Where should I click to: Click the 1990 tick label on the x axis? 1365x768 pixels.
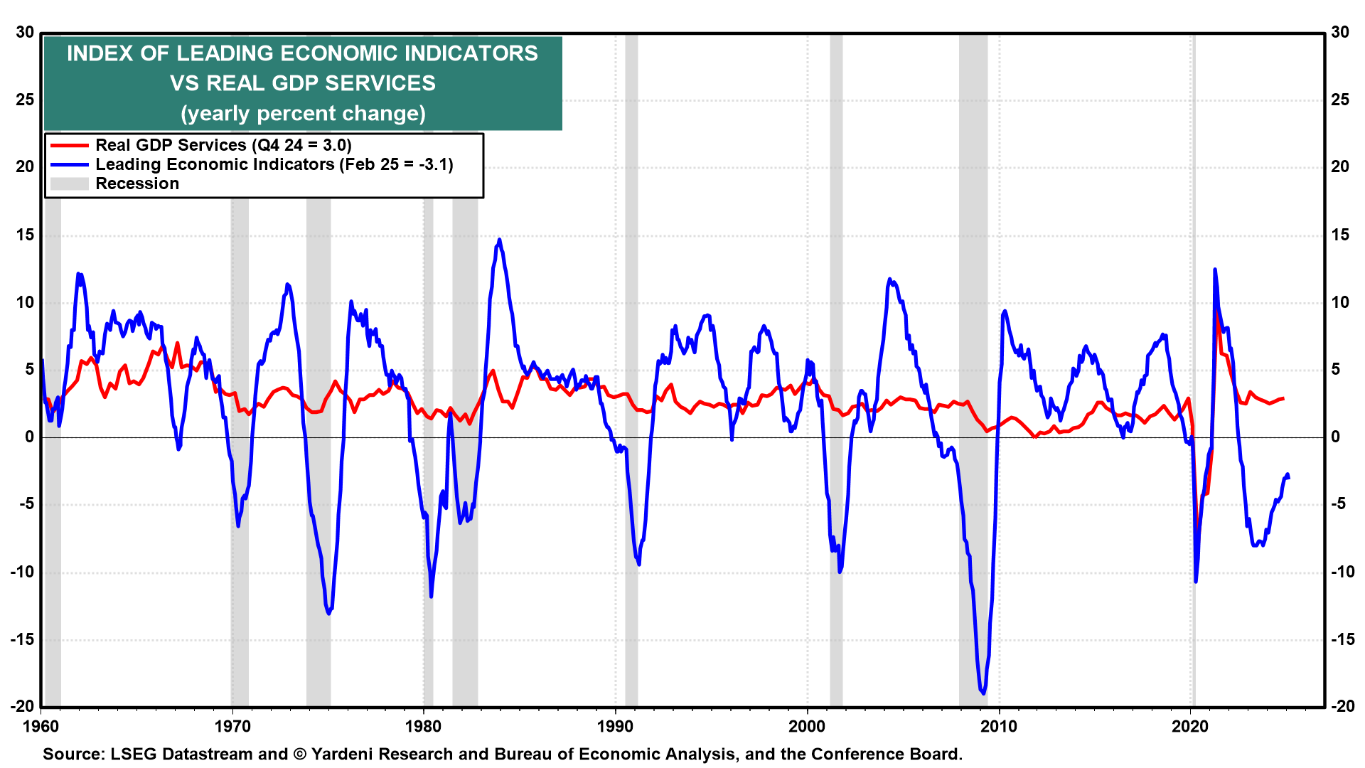coord(615,726)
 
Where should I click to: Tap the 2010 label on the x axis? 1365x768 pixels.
coord(999,726)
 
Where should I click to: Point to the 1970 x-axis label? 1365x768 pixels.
coord(232,726)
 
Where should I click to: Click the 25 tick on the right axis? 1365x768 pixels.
coord(1340,100)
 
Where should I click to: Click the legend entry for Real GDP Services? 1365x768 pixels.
coord(223,145)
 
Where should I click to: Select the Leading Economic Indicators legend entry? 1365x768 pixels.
coord(274,164)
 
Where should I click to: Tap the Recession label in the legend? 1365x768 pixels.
coord(137,183)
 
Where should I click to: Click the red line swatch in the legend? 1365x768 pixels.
coord(69,145)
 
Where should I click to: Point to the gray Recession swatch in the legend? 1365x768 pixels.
coord(69,183)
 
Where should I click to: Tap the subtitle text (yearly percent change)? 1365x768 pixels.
coord(303,114)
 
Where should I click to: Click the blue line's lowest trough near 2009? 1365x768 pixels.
coord(983,693)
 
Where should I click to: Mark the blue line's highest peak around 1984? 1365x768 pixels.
coord(500,240)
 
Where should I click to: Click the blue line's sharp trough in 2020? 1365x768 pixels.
coord(1196,582)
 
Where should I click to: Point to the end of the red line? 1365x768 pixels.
coord(1283,399)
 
